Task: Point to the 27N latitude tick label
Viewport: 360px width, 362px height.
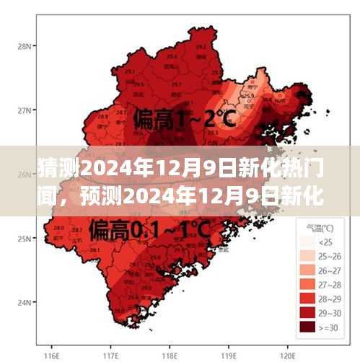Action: click(24, 110)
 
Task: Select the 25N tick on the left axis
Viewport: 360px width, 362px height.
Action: click(24, 239)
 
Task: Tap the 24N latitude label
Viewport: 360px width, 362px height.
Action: click(24, 302)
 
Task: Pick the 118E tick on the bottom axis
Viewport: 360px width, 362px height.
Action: click(170, 356)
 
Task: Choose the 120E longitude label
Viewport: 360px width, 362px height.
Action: click(289, 356)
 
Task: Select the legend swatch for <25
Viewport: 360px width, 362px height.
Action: click(308, 240)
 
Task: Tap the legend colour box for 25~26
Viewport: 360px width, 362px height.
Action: click(308, 255)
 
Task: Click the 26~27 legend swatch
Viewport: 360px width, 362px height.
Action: click(308, 270)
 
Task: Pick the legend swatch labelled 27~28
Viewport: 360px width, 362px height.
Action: click(308, 285)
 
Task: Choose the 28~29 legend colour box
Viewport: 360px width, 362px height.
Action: click(308, 299)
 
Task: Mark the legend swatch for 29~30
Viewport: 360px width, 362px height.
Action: click(308, 314)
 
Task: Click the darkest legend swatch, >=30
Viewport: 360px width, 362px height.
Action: click(308, 330)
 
